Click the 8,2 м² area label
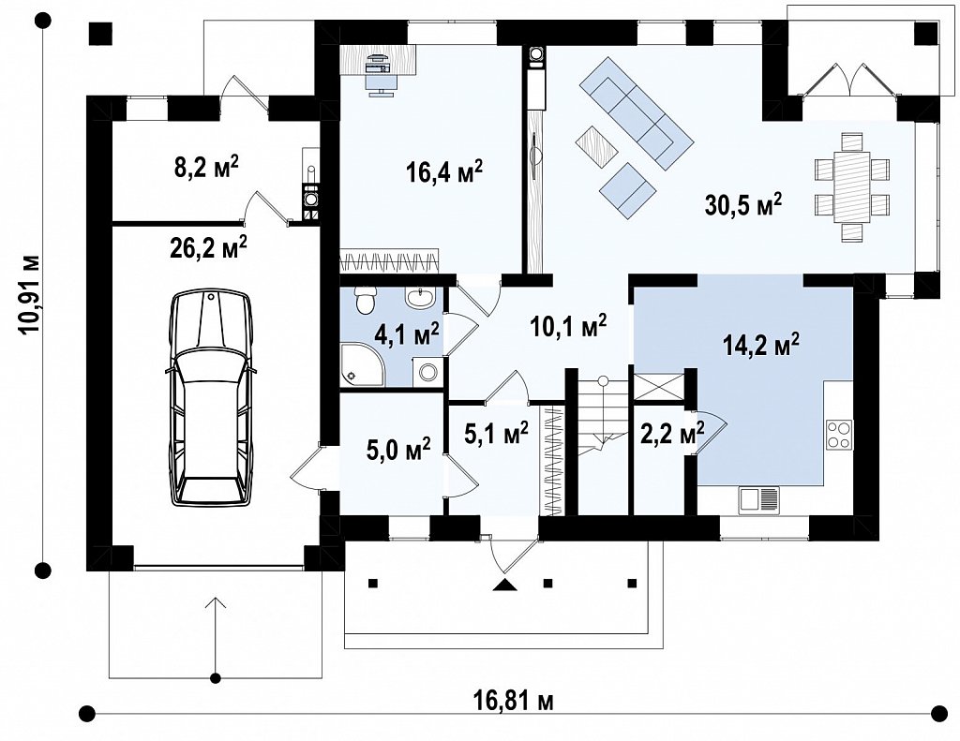coord(206,167)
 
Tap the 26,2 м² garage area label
coord(206,247)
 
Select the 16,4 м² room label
coord(444,171)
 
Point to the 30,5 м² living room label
coord(743,205)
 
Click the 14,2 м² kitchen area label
coord(761,345)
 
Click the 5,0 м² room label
coord(398,449)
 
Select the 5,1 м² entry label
coord(497,434)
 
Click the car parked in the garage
coord(211,398)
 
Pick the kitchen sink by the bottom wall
coord(759,498)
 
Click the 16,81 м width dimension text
coord(513,700)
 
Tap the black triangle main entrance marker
coord(505,585)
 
